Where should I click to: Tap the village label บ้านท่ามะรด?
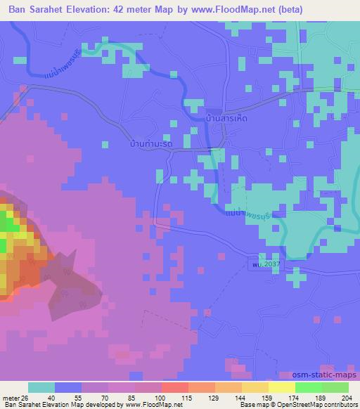[146, 144]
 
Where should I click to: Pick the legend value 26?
[26, 397]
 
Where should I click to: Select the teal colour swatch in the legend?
[41, 388]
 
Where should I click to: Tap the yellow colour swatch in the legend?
[282, 388]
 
